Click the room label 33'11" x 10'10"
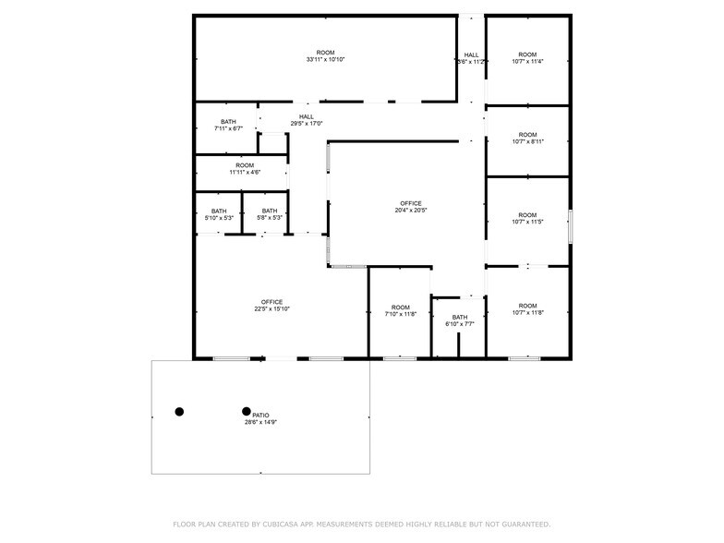tap(325, 56)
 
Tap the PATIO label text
tap(260, 418)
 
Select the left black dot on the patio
tap(179, 412)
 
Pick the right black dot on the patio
tap(247, 412)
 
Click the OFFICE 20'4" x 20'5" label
tap(410, 207)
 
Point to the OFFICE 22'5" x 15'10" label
tap(271, 306)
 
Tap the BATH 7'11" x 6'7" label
tap(228, 126)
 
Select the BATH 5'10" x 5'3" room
tap(219, 214)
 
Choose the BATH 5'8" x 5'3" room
tap(269, 214)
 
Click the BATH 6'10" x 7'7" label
tap(459, 320)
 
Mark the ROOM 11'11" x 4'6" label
tap(245, 169)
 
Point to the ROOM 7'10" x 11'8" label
tap(400, 310)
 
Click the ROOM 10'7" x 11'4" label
tap(527, 58)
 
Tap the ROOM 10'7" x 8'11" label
tap(527, 139)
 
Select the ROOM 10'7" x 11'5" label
tap(527, 219)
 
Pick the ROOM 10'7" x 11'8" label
tap(527, 309)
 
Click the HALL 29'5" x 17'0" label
tap(306, 120)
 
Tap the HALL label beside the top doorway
tap(471, 58)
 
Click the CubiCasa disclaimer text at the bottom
tap(361, 524)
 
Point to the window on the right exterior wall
tap(571, 225)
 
